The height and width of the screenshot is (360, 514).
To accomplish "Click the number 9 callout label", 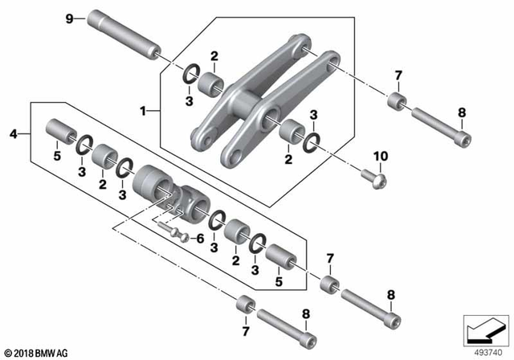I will (x=69, y=18).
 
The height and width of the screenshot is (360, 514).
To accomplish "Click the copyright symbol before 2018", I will (x=9, y=354).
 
